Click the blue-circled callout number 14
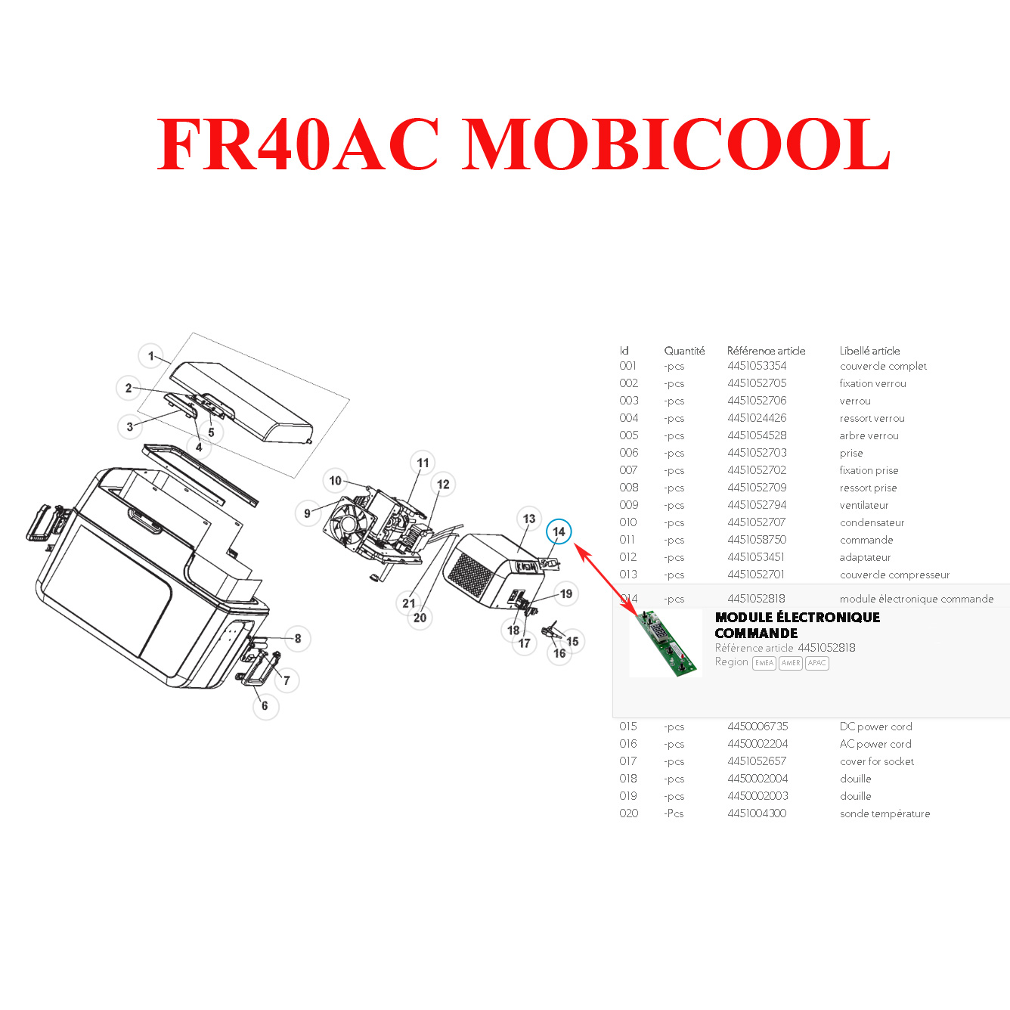559,531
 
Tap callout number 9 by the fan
307,513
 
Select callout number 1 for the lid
151,356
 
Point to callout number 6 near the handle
265,706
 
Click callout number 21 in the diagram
409,603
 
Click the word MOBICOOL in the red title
675,144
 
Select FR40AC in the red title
298,144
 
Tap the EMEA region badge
764,663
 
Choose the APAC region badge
816,663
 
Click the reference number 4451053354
757,366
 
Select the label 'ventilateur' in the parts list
864,505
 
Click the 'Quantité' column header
684,351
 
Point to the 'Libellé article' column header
869,351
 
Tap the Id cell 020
628,813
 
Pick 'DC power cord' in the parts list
876,727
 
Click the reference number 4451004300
757,813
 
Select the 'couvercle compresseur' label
894,575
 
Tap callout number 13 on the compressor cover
529,519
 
